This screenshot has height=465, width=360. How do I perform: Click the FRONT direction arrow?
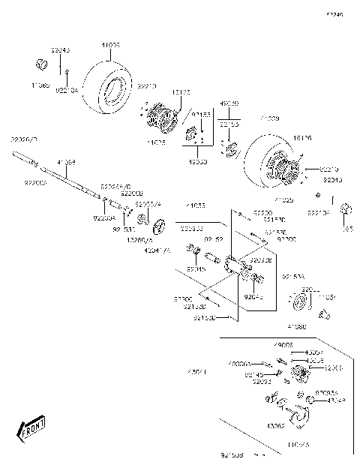[31, 430]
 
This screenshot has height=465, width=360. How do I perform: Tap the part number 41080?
[296, 327]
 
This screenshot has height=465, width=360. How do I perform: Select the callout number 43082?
[274, 426]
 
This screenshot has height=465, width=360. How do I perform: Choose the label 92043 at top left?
[60, 49]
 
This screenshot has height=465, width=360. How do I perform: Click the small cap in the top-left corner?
[43, 63]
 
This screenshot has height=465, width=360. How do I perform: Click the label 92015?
[196, 269]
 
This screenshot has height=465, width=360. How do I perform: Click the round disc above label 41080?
[301, 302]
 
